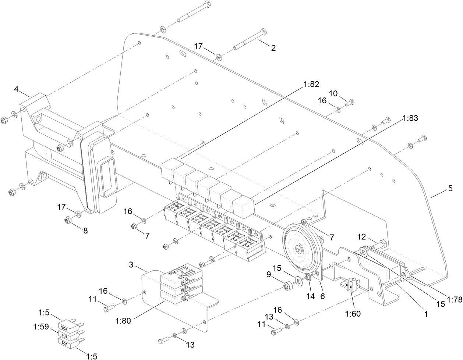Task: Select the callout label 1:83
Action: [x=411, y=118]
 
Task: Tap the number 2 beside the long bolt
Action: [x=273, y=48]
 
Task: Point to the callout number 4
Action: [x=17, y=89]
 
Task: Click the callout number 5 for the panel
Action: [x=450, y=189]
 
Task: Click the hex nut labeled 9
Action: [x=288, y=286]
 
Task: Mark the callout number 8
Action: [x=85, y=231]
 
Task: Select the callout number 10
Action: [x=333, y=93]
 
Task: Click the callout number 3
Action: [x=131, y=265]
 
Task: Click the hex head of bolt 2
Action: [x=263, y=32]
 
